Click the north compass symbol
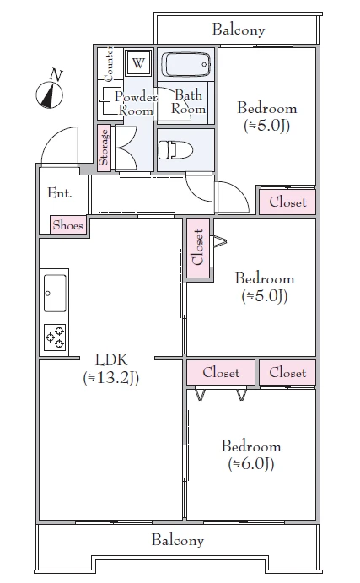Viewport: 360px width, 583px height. click(50, 90)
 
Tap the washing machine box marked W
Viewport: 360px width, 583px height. click(138, 62)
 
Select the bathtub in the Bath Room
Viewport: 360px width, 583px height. click(185, 65)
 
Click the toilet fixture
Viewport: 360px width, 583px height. click(175, 150)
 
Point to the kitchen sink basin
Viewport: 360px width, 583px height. click(55, 294)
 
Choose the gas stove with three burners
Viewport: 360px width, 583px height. click(55, 337)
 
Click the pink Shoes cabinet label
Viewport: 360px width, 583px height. click(67, 225)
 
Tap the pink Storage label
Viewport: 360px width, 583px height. click(104, 148)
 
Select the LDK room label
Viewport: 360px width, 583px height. click(111, 359)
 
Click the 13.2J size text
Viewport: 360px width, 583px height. click(111, 378)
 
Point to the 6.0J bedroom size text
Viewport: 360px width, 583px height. click(251, 464)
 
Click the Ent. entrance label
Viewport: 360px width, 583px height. click(60, 193)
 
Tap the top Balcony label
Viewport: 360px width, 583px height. click(239, 30)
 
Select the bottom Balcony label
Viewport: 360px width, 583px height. click(178, 540)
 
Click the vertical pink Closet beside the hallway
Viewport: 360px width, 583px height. click(198, 248)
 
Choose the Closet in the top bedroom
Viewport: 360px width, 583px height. click(287, 202)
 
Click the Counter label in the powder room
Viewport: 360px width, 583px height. click(109, 63)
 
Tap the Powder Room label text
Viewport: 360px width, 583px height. click(136, 104)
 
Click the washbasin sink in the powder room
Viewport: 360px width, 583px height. click(106, 100)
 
